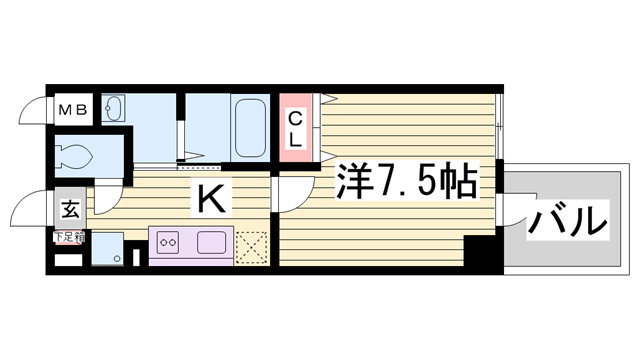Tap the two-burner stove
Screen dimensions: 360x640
pos(166,243)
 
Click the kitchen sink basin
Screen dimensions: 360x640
pos(212,243)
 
